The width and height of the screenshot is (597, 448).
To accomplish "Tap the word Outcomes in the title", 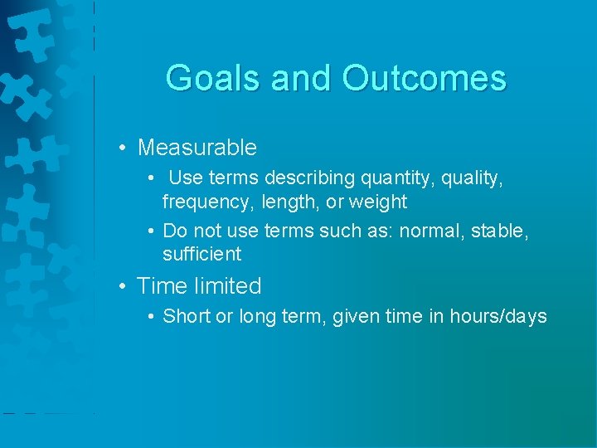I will pyautogui.click(x=424, y=78).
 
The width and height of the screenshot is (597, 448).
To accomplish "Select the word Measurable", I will pyautogui.click(x=197, y=148).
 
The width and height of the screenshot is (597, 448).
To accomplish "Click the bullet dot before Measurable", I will pyautogui.click(x=122, y=149).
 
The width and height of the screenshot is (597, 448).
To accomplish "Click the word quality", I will pyautogui.click(x=473, y=178).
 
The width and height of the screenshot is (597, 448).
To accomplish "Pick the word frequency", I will pyautogui.click(x=208, y=202).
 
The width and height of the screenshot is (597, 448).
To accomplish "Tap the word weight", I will pyautogui.click(x=379, y=202).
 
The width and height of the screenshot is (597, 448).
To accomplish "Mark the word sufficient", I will pyautogui.click(x=201, y=254).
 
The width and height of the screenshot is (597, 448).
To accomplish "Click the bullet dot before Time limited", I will pyautogui.click(x=122, y=286).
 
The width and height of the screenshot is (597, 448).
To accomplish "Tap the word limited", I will pyautogui.click(x=227, y=286).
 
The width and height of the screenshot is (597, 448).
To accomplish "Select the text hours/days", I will pyautogui.click(x=498, y=316).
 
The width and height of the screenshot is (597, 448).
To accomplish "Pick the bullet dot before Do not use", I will pyautogui.click(x=152, y=231).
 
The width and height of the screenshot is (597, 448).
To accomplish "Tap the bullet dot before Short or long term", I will pyautogui.click(x=152, y=316).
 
